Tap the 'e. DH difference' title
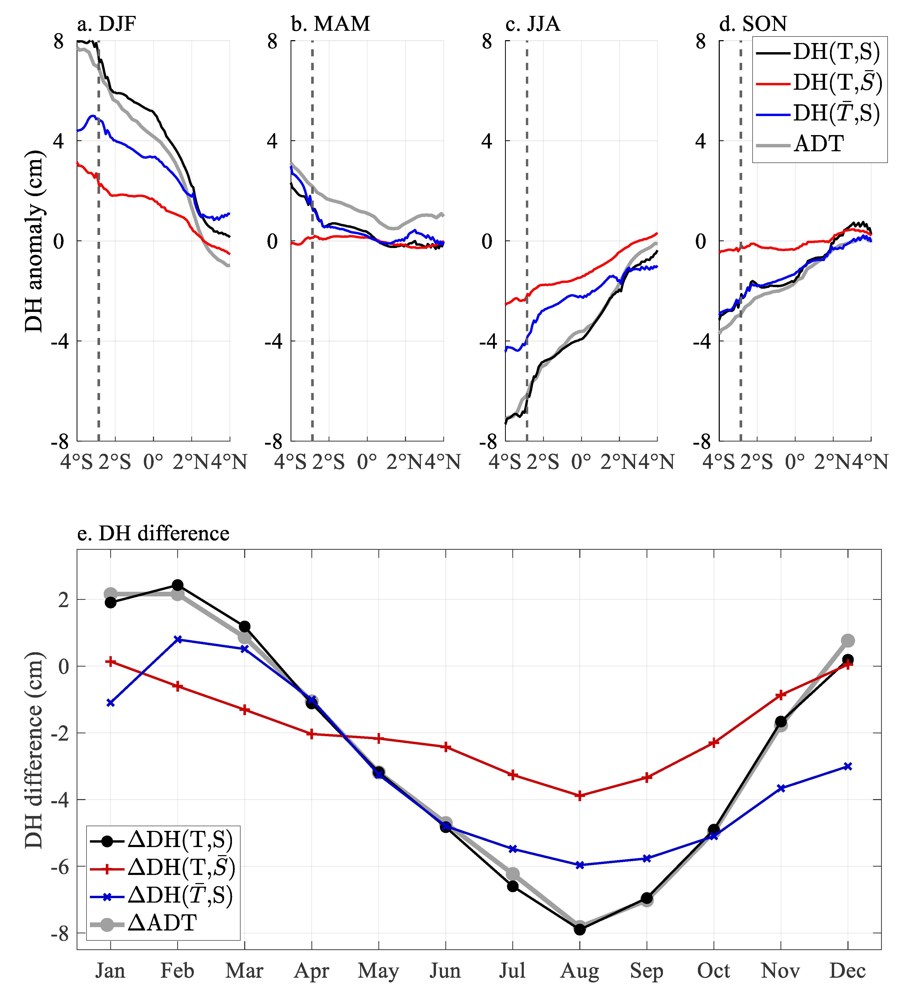click(153, 533)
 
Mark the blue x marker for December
click(848, 767)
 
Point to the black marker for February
click(177, 585)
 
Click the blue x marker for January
click(110, 703)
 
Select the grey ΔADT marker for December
click(848, 640)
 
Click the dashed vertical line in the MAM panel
click(312, 299)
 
